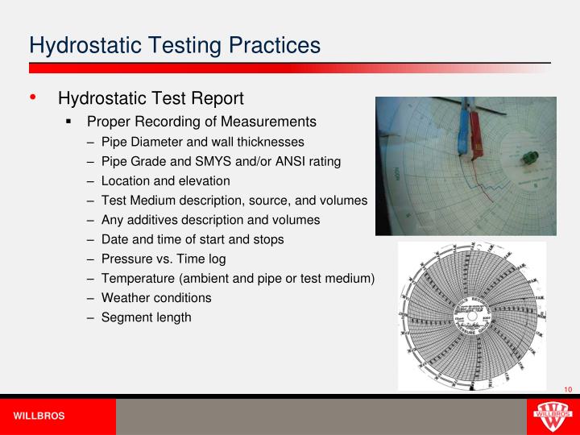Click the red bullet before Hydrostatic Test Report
(33, 98)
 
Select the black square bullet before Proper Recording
(70, 122)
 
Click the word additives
(152, 220)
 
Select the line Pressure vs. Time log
(164, 259)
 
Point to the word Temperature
(139, 278)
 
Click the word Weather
(126, 297)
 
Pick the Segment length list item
(146, 317)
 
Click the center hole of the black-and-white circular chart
(471, 316)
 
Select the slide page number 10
(567, 390)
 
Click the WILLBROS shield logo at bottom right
(552, 416)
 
